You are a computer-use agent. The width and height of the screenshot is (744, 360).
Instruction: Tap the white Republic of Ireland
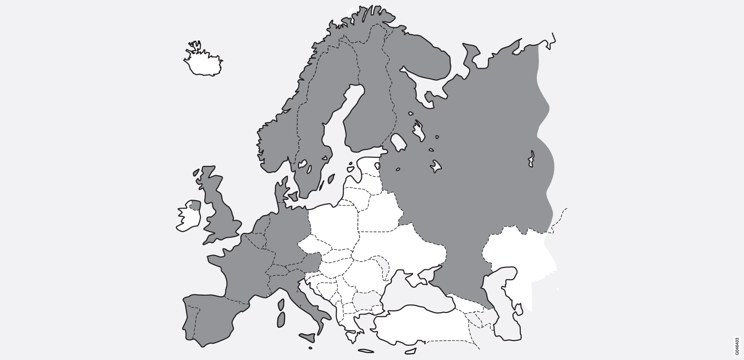coord(188,218)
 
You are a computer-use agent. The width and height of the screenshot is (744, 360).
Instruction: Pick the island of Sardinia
coord(281,320)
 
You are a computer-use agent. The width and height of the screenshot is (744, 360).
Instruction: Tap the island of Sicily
coord(309,337)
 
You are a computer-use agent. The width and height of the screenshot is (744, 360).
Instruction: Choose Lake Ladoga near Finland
coord(399,142)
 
